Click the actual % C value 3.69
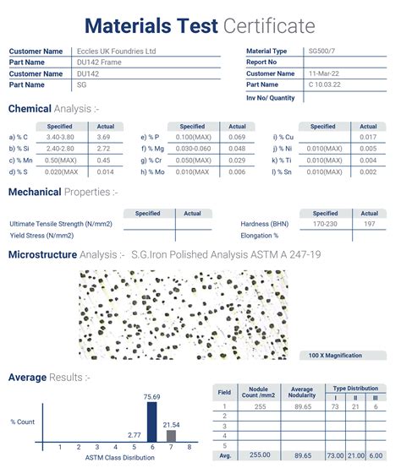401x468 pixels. [103, 136]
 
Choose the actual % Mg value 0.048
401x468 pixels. [237, 148]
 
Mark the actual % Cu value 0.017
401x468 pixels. [368, 136]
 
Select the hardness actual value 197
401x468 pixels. [369, 225]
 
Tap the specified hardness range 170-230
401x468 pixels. [325, 225]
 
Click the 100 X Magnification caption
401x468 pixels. [335, 356]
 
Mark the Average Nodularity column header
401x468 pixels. [301, 393]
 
